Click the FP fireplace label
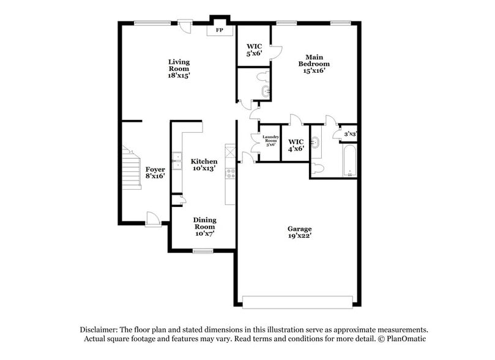pos(218,29)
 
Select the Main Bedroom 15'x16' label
pos(314,63)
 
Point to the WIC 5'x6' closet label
pos(254,49)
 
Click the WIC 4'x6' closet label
pos(296,144)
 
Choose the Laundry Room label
pos(270,140)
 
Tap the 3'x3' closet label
pos(350,133)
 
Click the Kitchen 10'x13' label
pos(203,165)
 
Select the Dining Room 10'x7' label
pos(204,227)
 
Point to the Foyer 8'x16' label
pos(155,172)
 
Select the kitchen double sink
pos(177,161)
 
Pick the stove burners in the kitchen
pos(231,173)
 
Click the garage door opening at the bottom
pos(298,301)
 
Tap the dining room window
pos(203,250)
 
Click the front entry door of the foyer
pos(153,218)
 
